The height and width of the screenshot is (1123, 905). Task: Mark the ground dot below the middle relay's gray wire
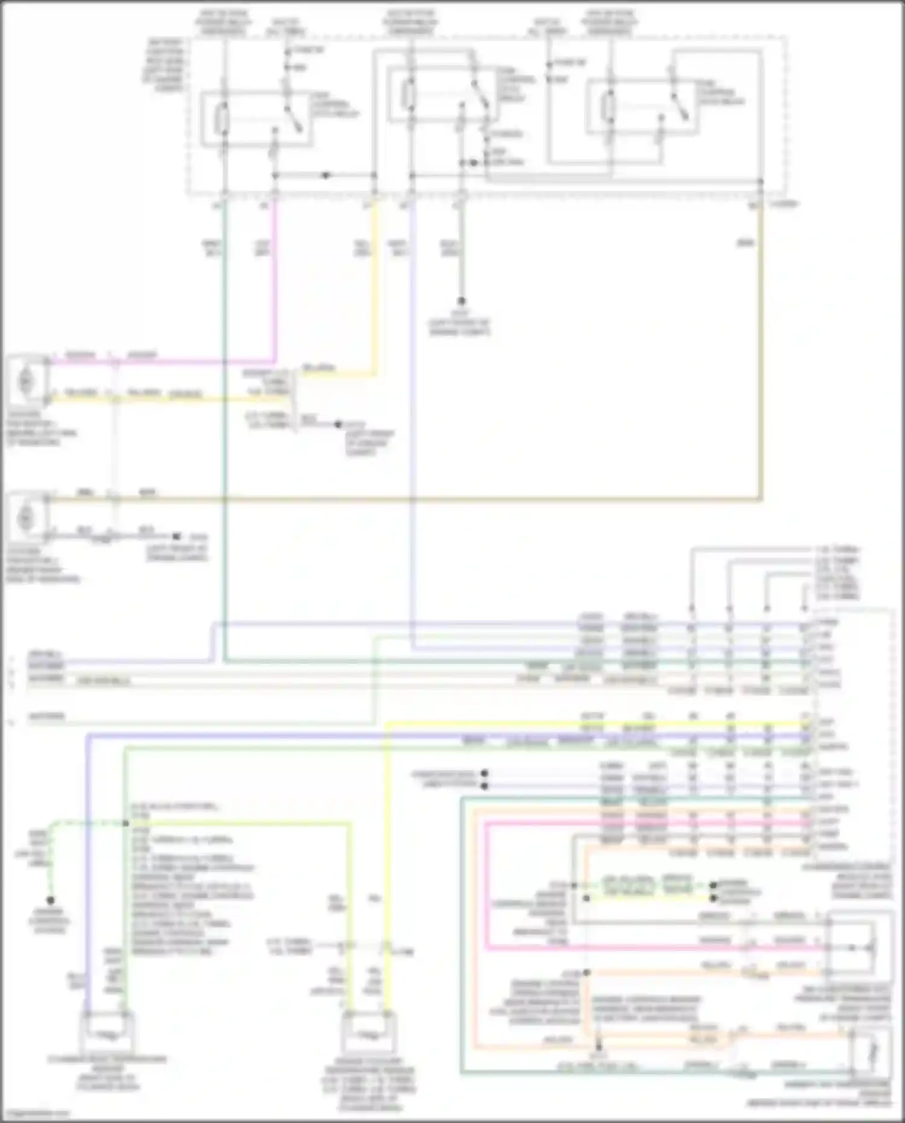coord(462,301)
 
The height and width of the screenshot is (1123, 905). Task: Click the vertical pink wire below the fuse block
coord(276,284)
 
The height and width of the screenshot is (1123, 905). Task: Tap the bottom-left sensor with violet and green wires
coord(106,1032)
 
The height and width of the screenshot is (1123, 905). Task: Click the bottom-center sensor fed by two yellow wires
coord(369,1032)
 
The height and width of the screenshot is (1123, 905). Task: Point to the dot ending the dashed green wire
coord(51,900)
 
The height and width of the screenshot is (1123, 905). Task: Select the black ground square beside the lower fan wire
coord(176,536)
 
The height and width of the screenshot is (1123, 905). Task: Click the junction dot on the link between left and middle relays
coord(326,176)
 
